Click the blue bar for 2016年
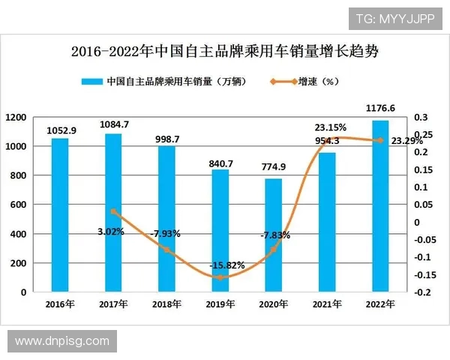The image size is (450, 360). coord(60,214)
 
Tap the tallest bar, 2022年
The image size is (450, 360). coord(381,205)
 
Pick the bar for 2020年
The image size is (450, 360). coord(274,235)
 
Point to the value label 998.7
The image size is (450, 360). coord(166,138)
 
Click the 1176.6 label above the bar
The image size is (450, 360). coord(381,109)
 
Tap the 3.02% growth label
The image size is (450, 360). coord(110,232)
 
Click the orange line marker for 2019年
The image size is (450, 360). coord(220,277)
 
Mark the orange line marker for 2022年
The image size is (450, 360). coord(381,140)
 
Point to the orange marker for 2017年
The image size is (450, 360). coord(113,212)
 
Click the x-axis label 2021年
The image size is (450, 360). coord(328,304)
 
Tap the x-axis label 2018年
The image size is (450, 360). coord(166,304)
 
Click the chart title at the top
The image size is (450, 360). coord(224,52)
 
